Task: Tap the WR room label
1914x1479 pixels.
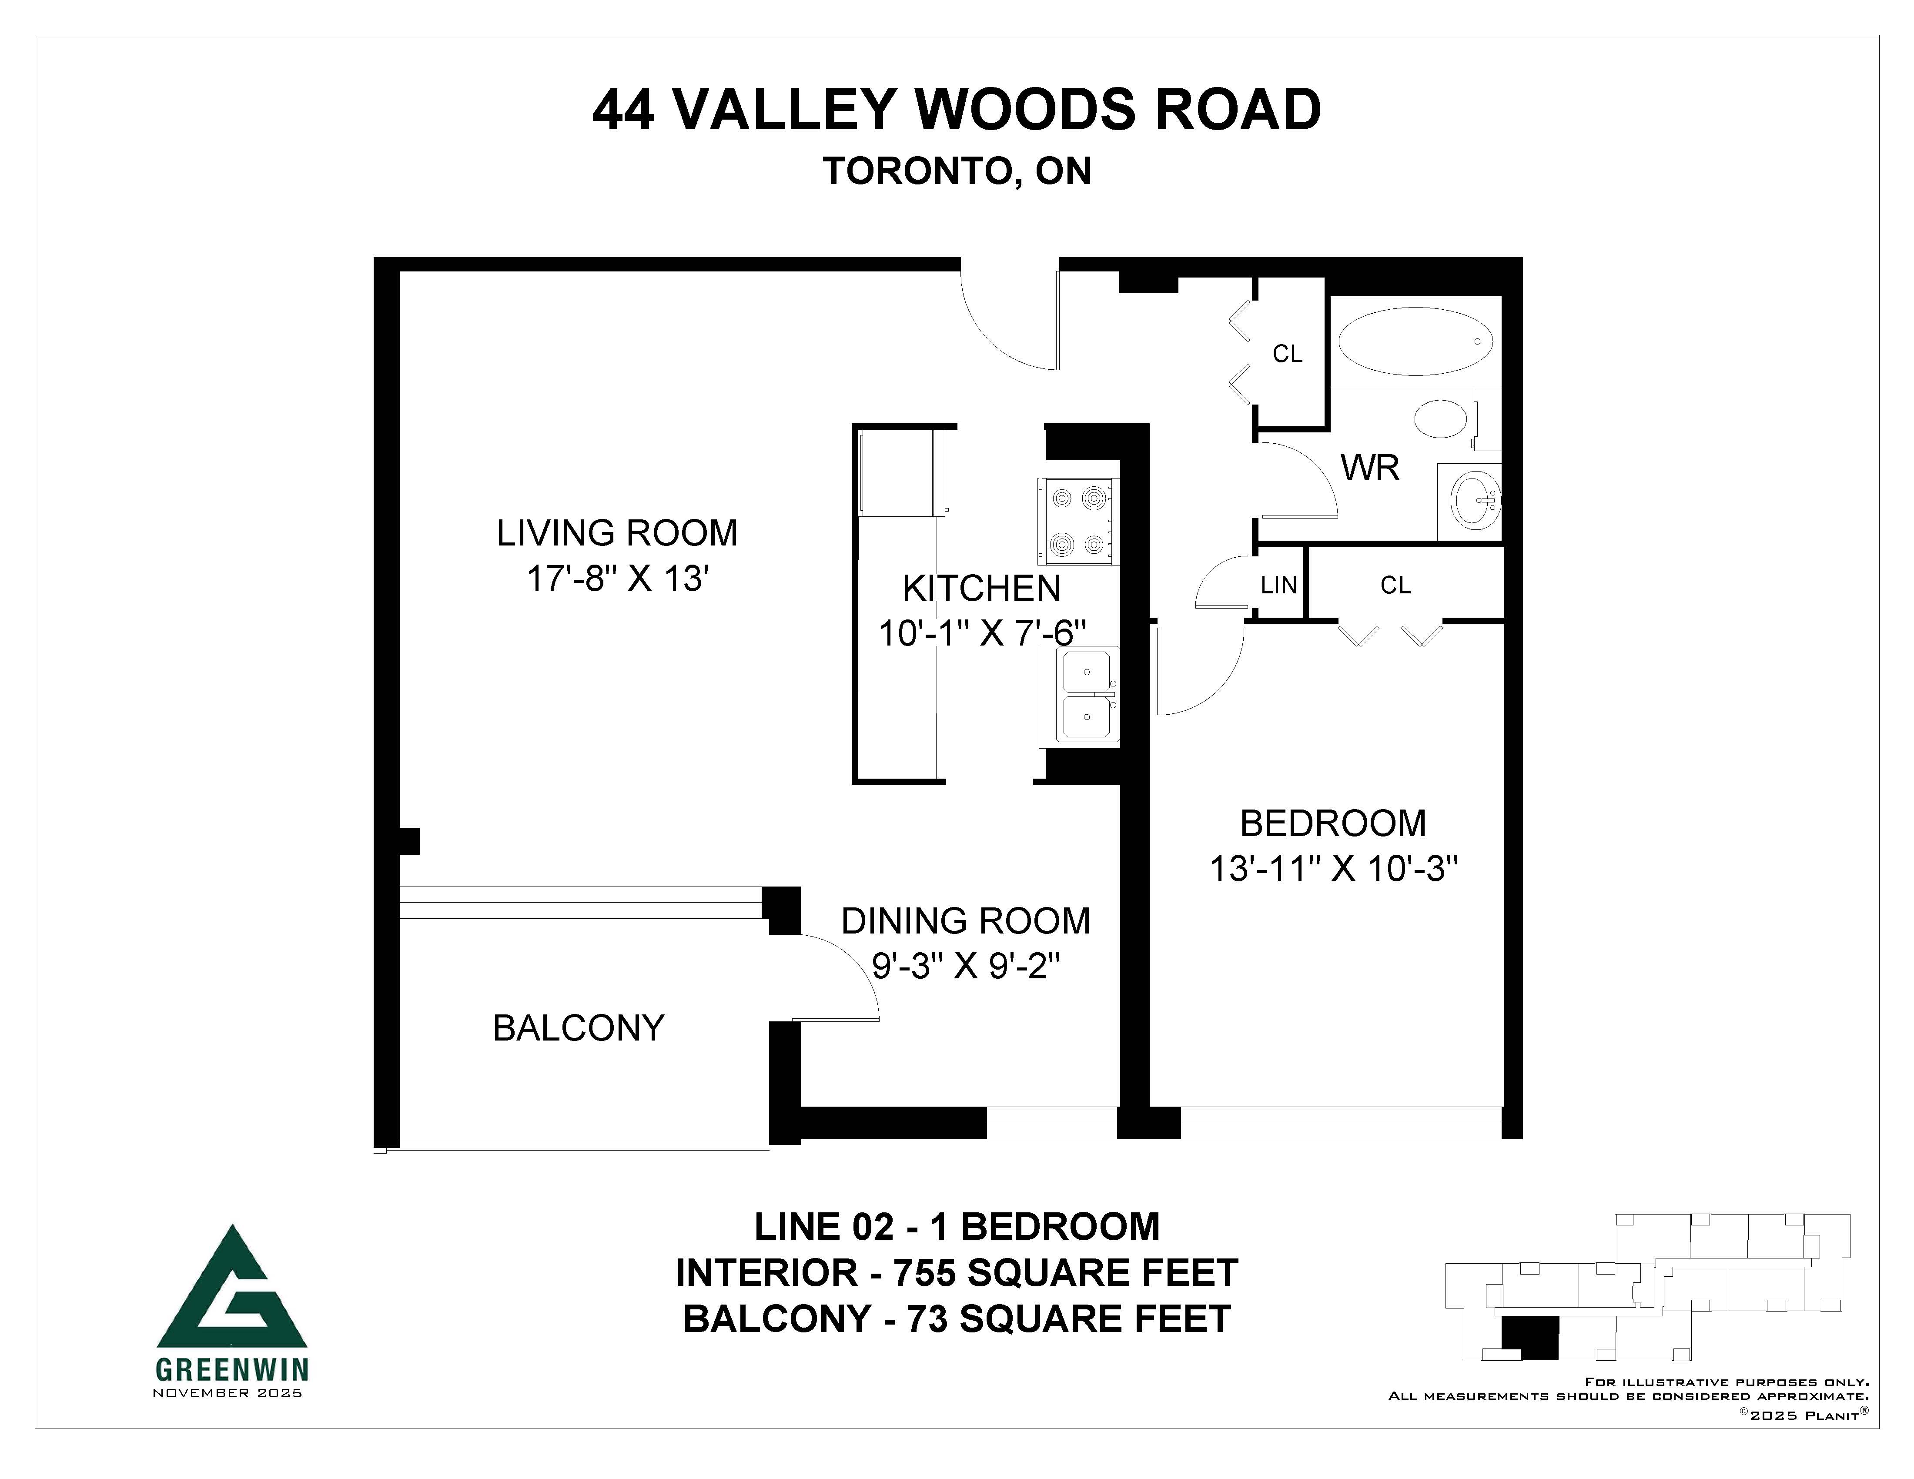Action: (1370, 469)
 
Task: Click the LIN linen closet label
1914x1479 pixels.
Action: (1278, 585)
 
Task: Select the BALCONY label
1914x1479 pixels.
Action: (579, 1028)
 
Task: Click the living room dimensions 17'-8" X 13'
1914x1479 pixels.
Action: (617, 579)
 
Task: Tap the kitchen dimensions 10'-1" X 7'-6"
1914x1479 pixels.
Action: (982, 632)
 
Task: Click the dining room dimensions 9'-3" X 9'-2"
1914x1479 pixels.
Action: (966, 967)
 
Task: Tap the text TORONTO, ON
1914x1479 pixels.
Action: (957, 172)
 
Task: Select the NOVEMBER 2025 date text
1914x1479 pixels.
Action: (228, 1393)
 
